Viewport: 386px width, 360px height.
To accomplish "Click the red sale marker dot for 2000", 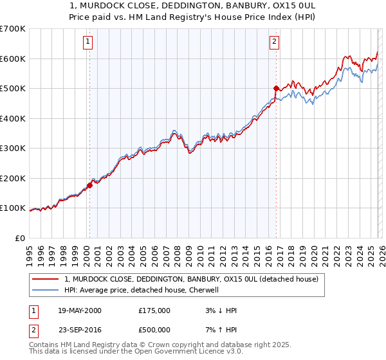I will click(89, 185).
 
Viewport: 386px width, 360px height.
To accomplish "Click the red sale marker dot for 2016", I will click(276, 88).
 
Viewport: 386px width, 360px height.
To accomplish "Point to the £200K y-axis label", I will click(13, 178).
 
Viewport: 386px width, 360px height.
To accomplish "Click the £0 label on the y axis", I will click(20, 238).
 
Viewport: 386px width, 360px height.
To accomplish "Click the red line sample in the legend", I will click(46, 279).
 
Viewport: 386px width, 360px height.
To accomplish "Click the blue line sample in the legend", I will click(46, 290).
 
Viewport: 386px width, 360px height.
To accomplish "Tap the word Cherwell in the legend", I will click(204, 290).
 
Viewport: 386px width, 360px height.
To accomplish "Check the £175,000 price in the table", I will click(154, 310).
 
